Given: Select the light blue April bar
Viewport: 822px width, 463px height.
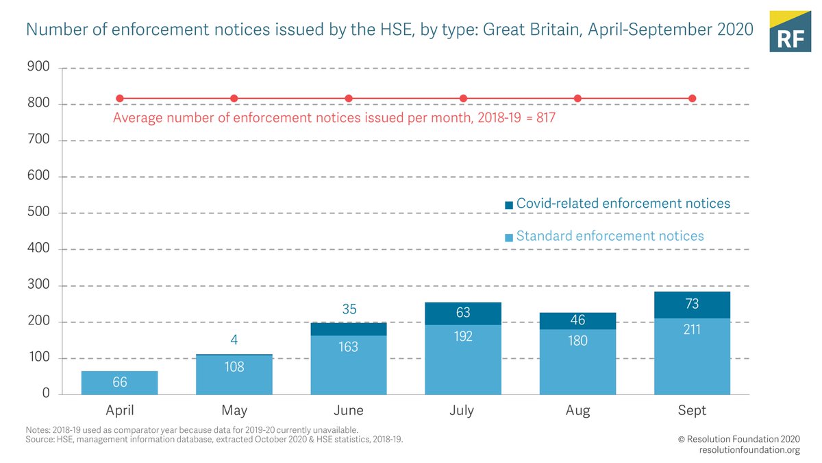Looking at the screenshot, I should coord(120,383).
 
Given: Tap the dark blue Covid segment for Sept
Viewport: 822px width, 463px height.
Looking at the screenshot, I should coord(692,305).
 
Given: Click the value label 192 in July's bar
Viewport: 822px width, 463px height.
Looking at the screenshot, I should coord(463,336).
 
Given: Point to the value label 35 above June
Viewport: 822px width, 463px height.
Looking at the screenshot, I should coord(349,309).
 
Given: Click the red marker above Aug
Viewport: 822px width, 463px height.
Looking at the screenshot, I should coord(577,98).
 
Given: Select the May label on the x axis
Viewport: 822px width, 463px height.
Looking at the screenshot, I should coord(234,411).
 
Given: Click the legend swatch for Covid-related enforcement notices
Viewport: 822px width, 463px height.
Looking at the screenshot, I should coord(508,205).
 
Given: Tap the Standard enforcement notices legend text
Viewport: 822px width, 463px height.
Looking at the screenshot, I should coord(610,236).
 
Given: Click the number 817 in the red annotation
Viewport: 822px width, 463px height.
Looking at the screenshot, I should coord(545,118).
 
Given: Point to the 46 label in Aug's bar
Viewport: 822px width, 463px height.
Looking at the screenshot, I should coord(577,320).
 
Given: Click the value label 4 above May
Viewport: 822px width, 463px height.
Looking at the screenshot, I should coord(234,340).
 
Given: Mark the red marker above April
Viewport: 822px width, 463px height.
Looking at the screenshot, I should coord(120,98).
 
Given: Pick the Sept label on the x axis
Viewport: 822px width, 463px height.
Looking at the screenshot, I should coord(692,411).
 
